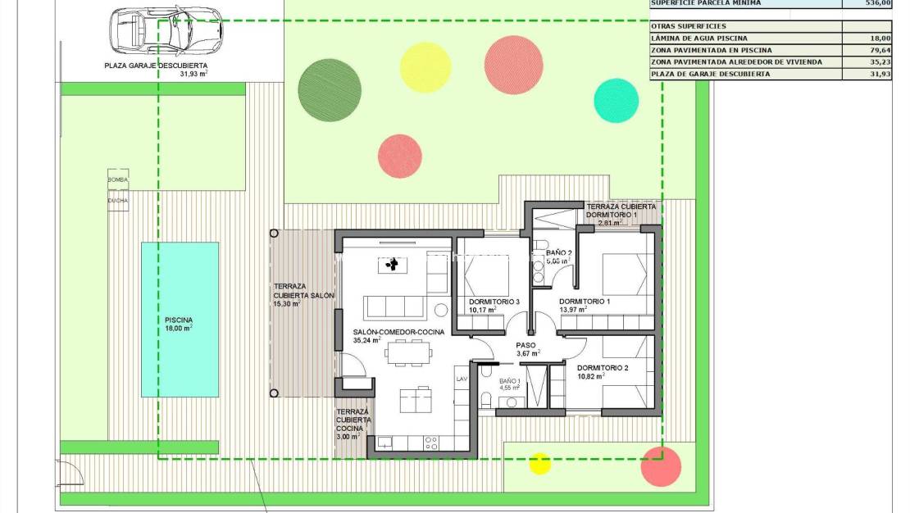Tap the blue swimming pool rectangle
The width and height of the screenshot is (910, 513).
[180, 319]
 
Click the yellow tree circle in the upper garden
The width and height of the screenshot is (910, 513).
[425, 68]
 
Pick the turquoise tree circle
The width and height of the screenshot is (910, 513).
[616, 100]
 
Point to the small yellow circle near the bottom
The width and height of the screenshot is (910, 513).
[539, 463]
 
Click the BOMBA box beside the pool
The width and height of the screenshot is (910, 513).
[118, 179]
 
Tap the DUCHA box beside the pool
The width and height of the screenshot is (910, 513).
[118, 199]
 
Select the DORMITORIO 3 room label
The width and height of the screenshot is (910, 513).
[494, 302]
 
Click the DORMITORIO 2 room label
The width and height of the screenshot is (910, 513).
[602, 368]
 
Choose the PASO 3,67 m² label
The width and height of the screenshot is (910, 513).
[526, 349]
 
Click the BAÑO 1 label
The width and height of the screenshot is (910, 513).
[510, 382]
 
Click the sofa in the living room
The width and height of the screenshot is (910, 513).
[394, 306]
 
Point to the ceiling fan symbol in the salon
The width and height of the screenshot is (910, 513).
[392, 265]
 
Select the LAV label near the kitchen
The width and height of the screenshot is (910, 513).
[462, 379]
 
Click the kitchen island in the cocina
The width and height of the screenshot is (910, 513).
[415, 401]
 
